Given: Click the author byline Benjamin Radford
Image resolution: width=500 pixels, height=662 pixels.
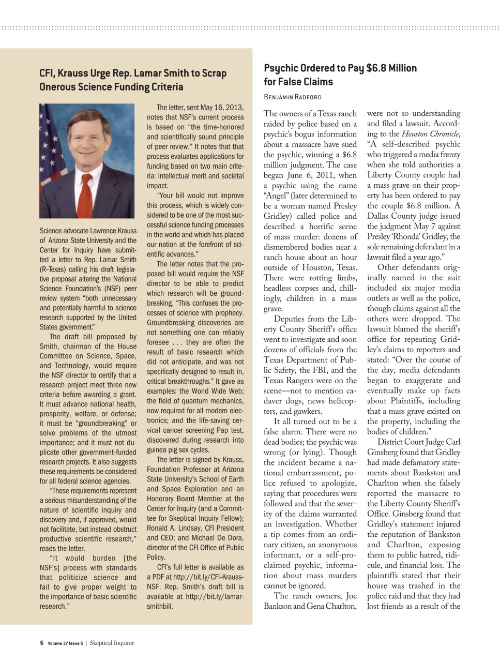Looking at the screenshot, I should click(x=292, y=97).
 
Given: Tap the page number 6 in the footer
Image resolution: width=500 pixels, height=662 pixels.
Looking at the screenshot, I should click(x=41, y=643).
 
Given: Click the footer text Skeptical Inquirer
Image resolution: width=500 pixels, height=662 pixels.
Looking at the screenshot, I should click(x=112, y=643).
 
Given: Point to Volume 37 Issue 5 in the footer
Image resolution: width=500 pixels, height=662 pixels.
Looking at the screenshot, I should click(x=65, y=643).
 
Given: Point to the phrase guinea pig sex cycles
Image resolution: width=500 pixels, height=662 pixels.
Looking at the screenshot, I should click(x=178, y=450).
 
